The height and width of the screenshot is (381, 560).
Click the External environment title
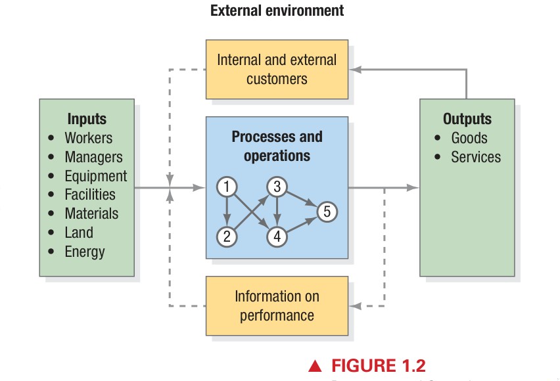277,11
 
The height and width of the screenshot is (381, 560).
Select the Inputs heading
86,119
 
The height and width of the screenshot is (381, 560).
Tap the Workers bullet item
88,138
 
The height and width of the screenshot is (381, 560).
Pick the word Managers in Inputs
93,157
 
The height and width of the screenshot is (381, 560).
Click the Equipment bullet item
95,176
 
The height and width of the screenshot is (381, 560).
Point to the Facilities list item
90,194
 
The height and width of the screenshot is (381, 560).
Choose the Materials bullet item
91,213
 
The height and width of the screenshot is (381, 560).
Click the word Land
79,233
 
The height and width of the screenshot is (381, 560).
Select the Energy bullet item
84,252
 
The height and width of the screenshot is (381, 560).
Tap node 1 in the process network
227,187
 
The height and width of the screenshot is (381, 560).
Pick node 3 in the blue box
277,187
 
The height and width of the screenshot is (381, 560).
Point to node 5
327,212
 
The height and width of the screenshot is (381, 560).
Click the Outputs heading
467,119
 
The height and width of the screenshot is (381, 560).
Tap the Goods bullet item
469,138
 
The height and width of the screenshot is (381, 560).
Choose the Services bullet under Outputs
475,157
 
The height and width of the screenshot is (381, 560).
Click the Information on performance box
277,306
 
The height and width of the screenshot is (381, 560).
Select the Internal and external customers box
277,69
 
